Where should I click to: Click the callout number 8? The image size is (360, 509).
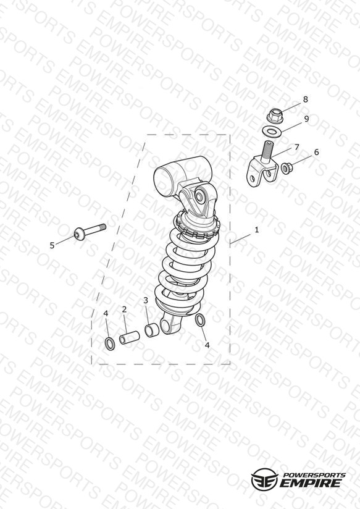click(305, 99)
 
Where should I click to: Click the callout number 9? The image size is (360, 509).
click(306, 119)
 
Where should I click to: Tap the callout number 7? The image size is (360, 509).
click(296, 147)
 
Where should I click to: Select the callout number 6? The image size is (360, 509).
click(316, 152)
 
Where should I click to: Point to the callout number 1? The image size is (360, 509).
click(257, 230)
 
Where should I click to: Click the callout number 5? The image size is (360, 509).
click(52, 245)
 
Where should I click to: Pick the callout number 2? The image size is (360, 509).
click(124, 309)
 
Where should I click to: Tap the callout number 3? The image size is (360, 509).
click(146, 300)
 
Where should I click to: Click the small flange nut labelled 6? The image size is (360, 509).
click(287, 168)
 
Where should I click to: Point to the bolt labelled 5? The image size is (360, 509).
click(90, 232)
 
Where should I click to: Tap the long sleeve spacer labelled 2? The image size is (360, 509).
click(130, 338)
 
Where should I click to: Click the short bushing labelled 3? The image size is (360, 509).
click(152, 330)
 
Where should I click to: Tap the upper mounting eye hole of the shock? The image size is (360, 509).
click(199, 196)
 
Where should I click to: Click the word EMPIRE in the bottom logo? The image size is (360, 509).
click(311, 483)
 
